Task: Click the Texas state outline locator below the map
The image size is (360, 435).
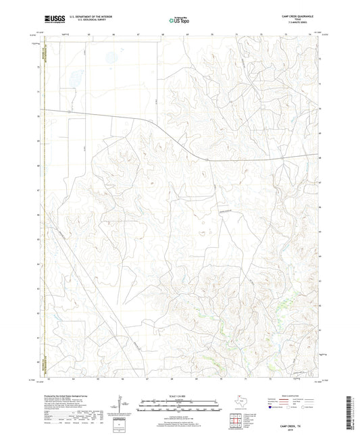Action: click(x=239, y=403)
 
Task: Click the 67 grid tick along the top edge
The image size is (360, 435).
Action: click(x=139, y=32)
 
